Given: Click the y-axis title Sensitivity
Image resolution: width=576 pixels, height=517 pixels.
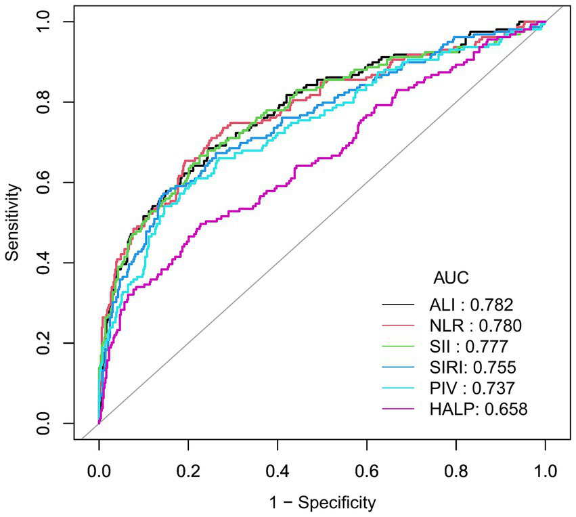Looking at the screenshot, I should [x=12, y=223].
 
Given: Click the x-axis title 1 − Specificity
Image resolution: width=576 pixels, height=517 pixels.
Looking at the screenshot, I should [x=322, y=503].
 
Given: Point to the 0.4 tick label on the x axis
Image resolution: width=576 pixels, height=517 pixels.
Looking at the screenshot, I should [x=278, y=470].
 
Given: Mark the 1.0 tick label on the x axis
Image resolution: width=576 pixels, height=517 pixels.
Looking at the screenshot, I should [x=546, y=470].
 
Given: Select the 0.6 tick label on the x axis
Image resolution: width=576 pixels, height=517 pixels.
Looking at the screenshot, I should [x=367, y=470].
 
